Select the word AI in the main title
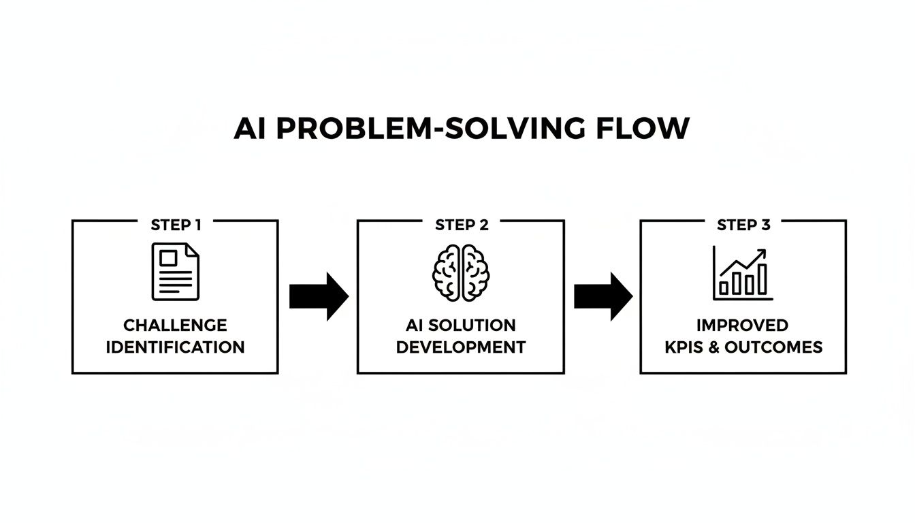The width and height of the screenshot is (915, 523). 250,129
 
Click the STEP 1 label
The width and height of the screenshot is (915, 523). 176,225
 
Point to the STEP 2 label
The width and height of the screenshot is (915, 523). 462,225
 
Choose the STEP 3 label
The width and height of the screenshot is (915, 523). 743,225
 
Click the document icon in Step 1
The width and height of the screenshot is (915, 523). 176,272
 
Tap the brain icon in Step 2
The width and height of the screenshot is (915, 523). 462,272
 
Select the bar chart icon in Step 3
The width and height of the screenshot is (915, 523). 743,274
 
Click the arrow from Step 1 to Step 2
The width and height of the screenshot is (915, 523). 319,296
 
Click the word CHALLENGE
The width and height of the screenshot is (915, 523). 176,325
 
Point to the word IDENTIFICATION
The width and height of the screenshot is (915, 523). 176,347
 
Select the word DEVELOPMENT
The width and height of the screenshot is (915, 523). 461,347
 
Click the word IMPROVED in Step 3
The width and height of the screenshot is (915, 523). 743,325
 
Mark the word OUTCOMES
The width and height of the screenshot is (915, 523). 773,347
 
